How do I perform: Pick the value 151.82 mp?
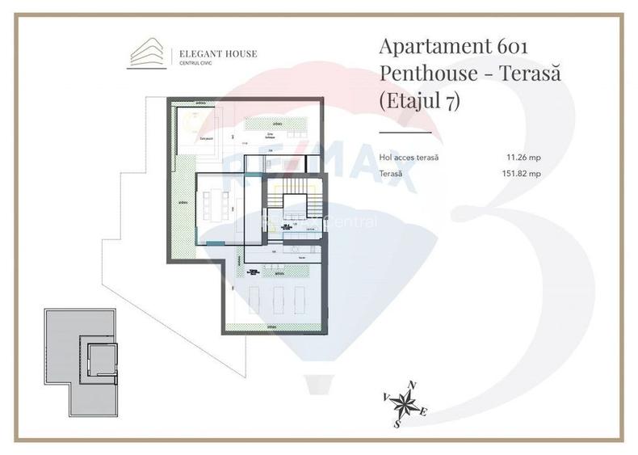521,173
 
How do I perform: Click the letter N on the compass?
413,385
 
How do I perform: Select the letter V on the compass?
385,397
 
